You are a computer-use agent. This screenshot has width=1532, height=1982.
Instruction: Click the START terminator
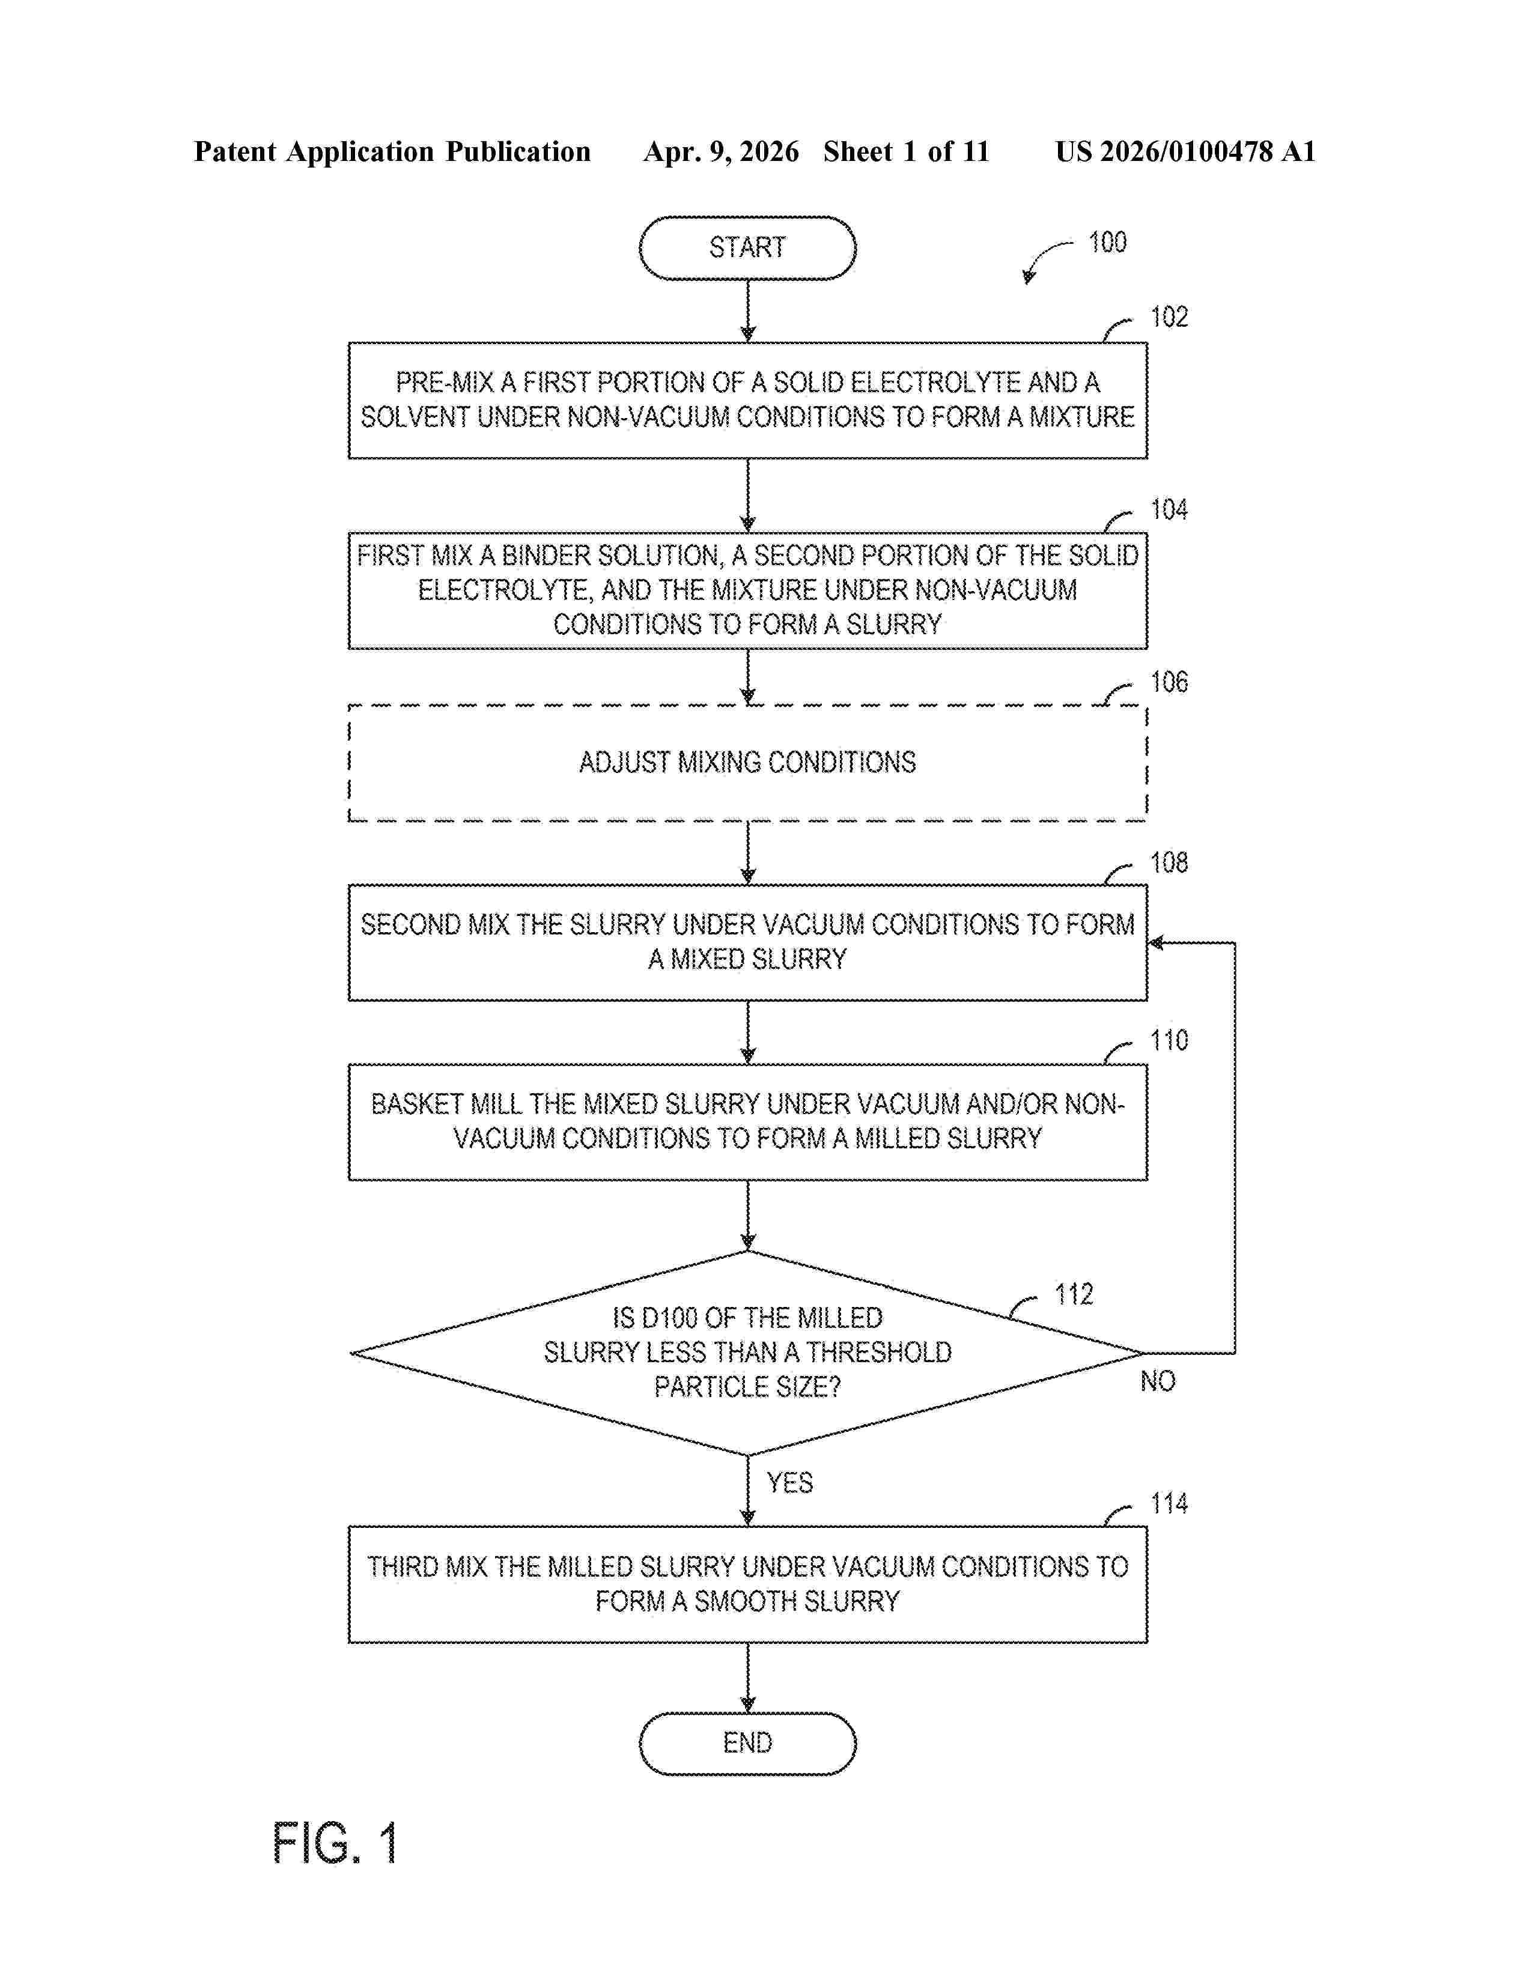pos(747,247)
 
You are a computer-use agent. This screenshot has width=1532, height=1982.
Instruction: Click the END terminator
pos(747,1742)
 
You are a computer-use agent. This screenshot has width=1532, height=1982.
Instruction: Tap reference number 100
pos(1107,242)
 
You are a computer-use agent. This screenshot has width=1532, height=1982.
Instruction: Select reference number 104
pos(1169,509)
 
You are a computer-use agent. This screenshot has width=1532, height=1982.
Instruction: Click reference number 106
pos(1169,682)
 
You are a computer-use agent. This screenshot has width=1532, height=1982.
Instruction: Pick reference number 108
pos(1169,862)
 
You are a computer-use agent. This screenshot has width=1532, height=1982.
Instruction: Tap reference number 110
pos(1169,1040)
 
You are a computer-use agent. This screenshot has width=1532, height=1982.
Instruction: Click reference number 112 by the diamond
pos(1074,1294)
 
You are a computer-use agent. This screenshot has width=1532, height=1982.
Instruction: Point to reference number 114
pos(1169,1504)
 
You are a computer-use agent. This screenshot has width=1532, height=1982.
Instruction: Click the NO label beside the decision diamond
pos(1157,1381)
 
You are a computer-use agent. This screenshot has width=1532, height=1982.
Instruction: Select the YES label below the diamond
pos(789,1483)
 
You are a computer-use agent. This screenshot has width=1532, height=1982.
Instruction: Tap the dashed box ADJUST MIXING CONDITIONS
pos(747,762)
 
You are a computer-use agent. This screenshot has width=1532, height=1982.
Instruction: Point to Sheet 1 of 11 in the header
pos(906,151)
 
